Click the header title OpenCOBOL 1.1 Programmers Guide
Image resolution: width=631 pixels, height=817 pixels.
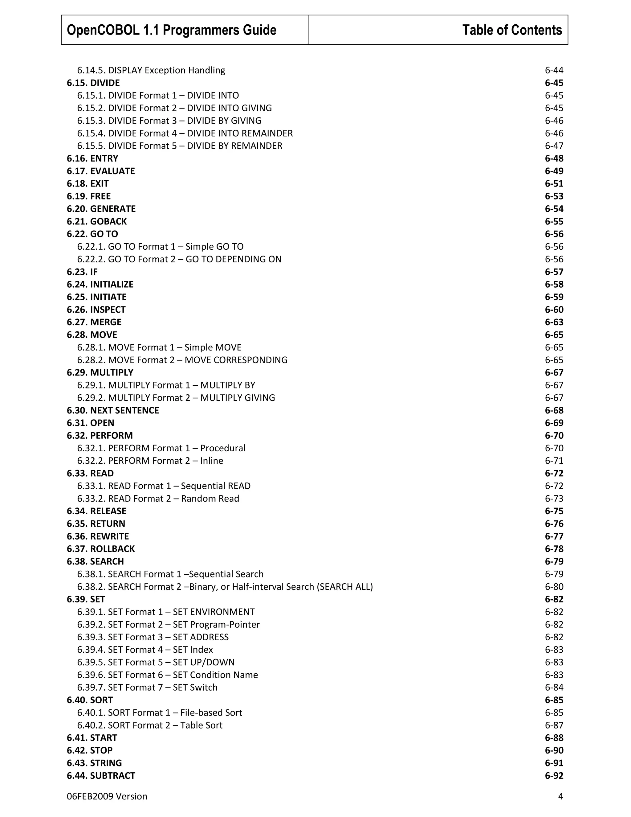click(172, 30)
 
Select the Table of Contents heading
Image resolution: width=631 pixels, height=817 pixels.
click(512, 30)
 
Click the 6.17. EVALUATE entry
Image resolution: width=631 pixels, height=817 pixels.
click(101, 171)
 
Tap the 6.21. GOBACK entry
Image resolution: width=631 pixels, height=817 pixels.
click(97, 221)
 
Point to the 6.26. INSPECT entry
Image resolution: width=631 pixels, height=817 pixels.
click(96, 310)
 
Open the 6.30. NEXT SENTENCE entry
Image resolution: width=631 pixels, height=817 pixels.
click(113, 410)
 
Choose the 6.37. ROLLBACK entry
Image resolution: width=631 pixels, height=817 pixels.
click(101, 549)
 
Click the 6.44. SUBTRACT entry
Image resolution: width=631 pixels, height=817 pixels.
click(101, 775)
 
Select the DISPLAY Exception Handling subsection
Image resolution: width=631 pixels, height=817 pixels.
click(151, 70)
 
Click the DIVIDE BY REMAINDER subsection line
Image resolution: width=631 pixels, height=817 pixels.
click(179, 146)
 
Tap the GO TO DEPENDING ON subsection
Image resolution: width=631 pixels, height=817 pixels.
click(179, 259)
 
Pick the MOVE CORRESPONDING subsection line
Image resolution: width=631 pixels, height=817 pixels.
click(182, 360)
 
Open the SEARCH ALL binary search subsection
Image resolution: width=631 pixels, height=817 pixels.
click(225, 587)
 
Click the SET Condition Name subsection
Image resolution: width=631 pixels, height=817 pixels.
click(168, 675)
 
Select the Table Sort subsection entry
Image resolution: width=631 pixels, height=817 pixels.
click(149, 725)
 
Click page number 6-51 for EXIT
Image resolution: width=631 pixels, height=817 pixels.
click(554, 184)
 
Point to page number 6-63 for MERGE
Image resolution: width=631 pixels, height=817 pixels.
click(554, 322)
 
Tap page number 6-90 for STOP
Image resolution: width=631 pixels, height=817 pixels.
click(554, 750)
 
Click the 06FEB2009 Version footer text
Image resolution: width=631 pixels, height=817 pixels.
click(107, 796)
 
